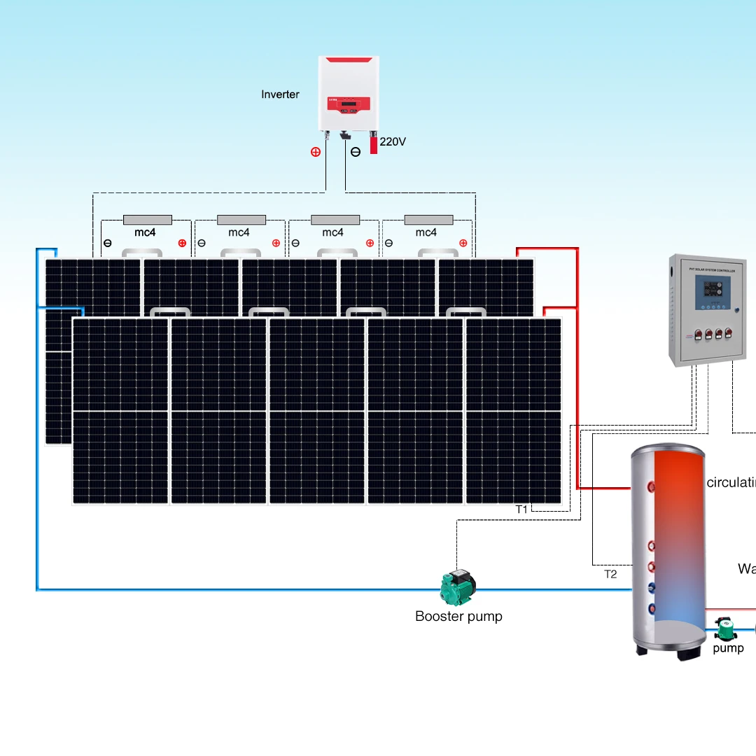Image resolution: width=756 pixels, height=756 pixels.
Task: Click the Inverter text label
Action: pyautogui.click(x=280, y=94)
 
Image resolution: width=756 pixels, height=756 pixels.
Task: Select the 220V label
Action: pyautogui.click(x=393, y=141)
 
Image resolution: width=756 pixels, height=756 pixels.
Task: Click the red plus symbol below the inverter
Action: pyautogui.click(x=316, y=152)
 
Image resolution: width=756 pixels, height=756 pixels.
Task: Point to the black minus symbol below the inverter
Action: pyautogui.click(x=356, y=152)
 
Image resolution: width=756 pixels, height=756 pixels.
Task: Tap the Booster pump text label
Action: pyautogui.click(x=458, y=617)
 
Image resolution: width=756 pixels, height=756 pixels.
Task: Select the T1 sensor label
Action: pyautogui.click(x=521, y=510)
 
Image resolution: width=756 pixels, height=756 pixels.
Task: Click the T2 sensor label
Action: pyautogui.click(x=610, y=574)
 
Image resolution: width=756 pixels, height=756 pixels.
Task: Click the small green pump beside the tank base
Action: pyautogui.click(x=725, y=628)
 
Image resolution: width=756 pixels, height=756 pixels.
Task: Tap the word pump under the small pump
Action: pyautogui.click(x=728, y=648)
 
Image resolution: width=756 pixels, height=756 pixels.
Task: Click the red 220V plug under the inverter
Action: pyautogui.click(x=374, y=144)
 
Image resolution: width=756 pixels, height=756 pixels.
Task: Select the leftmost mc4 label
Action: pyautogui.click(x=145, y=232)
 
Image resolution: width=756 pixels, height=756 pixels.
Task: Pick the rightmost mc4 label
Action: pyautogui.click(x=426, y=232)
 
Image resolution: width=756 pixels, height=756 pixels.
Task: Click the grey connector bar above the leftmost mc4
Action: pyautogui.click(x=147, y=220)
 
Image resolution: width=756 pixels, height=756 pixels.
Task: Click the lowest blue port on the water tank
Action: pyautogui.click(x=652, y=609)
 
